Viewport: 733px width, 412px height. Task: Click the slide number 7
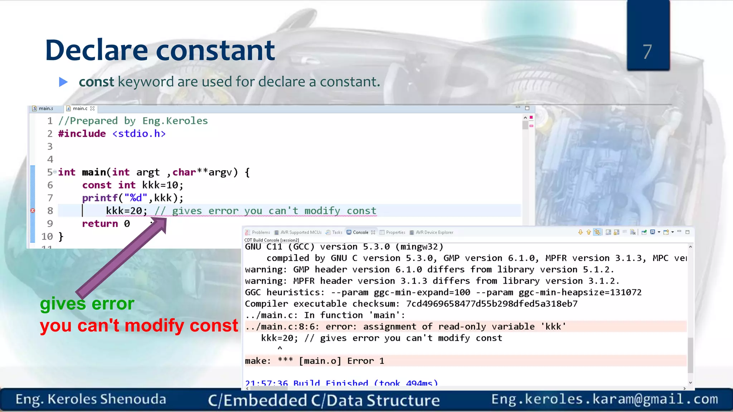(647, 52)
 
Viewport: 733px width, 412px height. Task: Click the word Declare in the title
(96, 50)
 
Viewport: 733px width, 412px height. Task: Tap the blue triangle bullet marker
(63, 82)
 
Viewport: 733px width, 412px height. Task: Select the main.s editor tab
(45, 108)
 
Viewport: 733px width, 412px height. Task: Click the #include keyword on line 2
(82, 134)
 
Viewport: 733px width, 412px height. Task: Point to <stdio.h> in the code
(139, 134)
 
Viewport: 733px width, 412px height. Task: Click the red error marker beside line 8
(33, 211)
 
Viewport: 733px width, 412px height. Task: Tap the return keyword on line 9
(100, 224)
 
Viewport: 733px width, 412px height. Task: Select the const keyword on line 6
(97, 185)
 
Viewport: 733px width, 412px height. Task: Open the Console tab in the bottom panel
(360, 232)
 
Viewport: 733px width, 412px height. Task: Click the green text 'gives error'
(87, 304)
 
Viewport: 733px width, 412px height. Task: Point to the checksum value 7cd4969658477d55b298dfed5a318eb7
(492, 304)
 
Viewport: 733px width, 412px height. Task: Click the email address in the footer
(605, 399)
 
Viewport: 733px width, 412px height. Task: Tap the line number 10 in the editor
(47, 237)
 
